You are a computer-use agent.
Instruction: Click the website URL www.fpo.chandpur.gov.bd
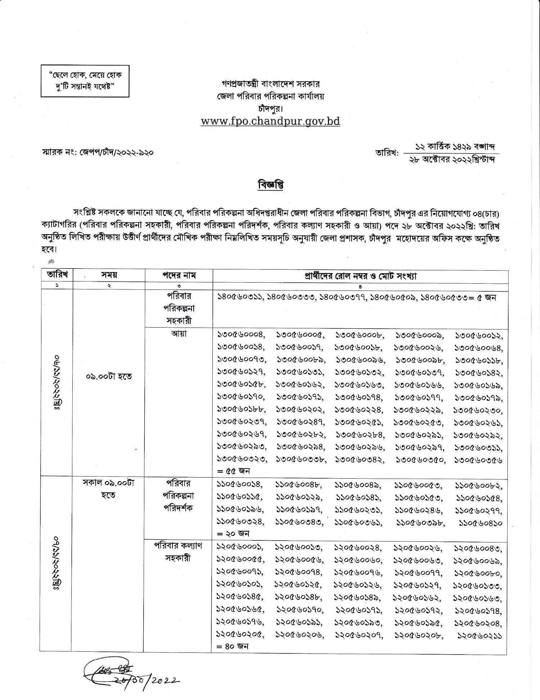pos(270,121)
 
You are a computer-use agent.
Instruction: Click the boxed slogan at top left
pos(85,81)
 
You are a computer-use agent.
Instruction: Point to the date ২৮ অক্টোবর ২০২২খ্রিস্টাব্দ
pos(452,160)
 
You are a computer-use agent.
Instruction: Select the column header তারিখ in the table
pos(57,275)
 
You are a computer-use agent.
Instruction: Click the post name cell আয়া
pos(179,333)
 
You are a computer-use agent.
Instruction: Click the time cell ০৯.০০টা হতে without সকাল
pos(109,376)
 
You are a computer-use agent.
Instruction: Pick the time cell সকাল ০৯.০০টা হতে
pos(108,489)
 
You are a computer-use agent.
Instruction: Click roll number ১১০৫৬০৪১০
pos(481,523)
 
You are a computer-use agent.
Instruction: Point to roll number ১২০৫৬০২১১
pos(480,635)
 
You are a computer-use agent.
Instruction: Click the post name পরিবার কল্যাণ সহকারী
pos(179,552)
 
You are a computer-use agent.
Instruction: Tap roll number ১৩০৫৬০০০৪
pos(241,335)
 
